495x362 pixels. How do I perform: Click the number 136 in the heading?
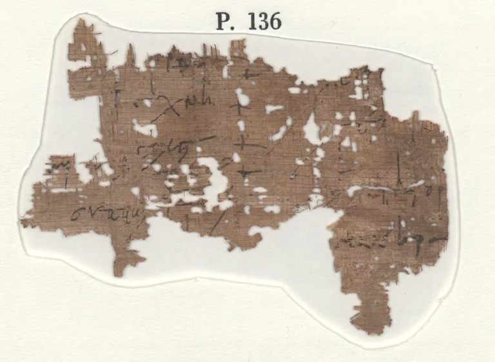(x=263, y=22)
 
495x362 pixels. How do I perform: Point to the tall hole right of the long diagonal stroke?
(x=312, y=130)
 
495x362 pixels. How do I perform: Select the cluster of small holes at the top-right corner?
(x=356, y=87)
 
